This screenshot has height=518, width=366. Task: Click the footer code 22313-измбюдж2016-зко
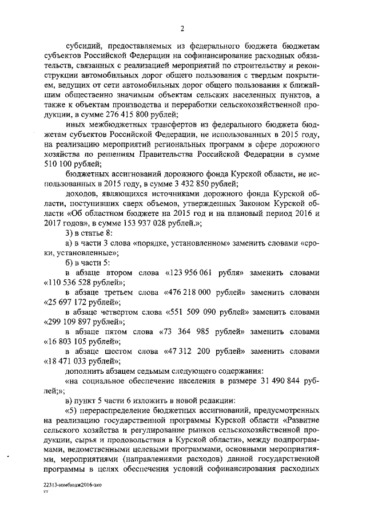coord(72,484)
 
